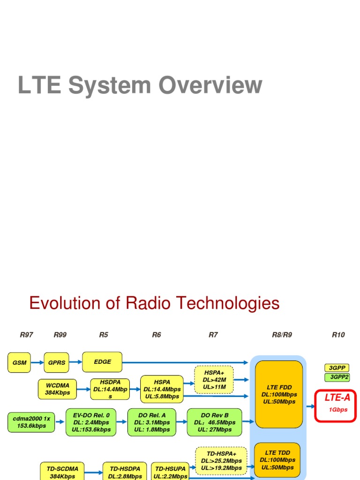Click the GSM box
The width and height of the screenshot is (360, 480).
point(20,362)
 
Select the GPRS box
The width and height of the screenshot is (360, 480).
point(56,362)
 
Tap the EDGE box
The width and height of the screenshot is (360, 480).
point(102,362)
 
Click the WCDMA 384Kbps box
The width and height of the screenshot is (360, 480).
point(58,389)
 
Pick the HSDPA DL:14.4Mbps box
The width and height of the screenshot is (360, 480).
point(110,389)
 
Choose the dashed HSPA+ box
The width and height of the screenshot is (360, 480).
point(214,380)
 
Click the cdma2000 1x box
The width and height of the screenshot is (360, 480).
point(31,422)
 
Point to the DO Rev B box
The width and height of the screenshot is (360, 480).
point(214,422)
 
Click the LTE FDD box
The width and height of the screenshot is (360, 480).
point(278,394)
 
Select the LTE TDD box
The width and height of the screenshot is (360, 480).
point(277,460)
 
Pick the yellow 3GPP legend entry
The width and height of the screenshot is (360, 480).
point(337,368)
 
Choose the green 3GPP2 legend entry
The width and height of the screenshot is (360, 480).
point(337,377)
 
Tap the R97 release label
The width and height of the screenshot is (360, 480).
point(26,335)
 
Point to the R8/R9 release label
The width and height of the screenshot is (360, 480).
point(282,335)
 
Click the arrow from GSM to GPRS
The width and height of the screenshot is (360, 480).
point(37,362)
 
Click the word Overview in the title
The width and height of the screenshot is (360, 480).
point(210,86)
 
